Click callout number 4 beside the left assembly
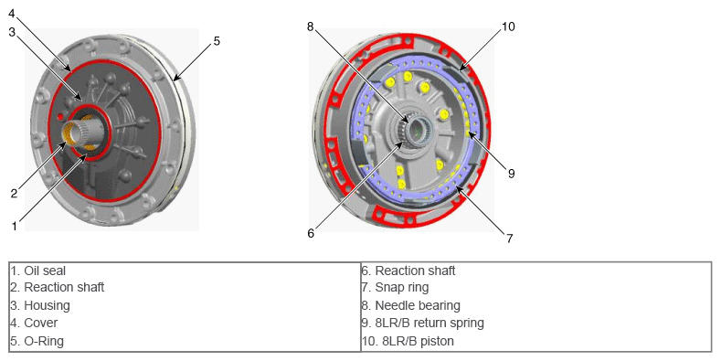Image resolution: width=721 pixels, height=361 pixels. coord(12,14)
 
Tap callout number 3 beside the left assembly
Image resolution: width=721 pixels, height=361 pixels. coord(13,32)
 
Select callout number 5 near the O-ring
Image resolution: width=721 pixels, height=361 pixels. coord(217,41)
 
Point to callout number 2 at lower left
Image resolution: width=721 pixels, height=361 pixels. coord(15,193)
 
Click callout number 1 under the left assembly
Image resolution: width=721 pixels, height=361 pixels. coord(15,226)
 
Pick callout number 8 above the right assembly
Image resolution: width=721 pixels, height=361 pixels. coord(311,27)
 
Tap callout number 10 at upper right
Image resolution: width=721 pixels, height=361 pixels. coord(508,27)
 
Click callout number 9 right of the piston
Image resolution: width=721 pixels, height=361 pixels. coord(512,174)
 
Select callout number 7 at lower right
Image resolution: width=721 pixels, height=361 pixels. coord(510,239)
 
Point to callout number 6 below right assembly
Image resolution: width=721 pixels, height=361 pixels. coord(311,233)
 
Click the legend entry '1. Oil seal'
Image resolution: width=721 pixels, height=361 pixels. coord(38,271)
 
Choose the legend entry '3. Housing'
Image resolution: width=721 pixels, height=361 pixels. coord(40,305)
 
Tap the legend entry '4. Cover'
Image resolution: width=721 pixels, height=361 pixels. coord(34,323)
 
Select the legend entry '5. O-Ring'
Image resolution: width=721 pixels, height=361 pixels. coord(37,341)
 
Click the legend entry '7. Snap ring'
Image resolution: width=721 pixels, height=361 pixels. coord(396,288)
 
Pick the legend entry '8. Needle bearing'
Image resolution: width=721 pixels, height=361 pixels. coord(411,305)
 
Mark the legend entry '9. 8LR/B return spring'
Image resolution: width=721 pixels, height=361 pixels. coord(423,323)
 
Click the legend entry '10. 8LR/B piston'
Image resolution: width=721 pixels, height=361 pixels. coord(408,341)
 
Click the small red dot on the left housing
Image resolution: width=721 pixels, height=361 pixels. coord(60,117)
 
